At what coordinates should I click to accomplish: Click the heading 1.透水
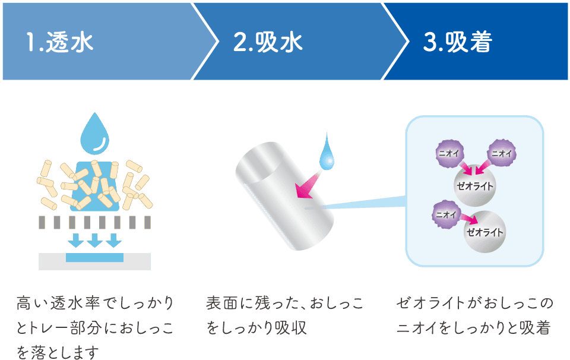(60, 42)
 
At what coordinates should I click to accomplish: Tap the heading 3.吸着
(458, 42)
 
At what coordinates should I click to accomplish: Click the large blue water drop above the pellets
(95, 134)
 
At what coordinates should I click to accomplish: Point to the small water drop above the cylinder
(327, 154)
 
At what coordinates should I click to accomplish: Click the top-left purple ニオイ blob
(446, 153)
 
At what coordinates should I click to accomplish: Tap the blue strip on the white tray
(95, 257)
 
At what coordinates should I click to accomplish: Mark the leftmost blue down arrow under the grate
(76, 241)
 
